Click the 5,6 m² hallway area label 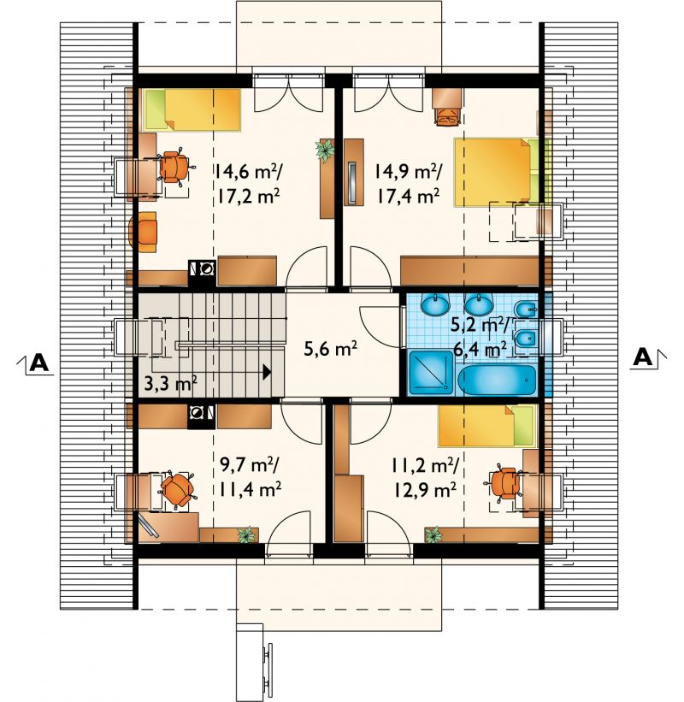click(x=330, y=349)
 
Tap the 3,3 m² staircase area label click(x=170, y=383)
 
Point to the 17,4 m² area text click(x=407, y=196)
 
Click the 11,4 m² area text click(x=250, y=489)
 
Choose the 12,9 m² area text click(x=425, y=490)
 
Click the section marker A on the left click(x=39, y=363)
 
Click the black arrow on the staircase click(x=267, y=372)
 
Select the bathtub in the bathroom click(x=497, y=380)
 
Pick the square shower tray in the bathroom click(x=432, y=373)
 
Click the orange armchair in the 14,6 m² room click(x=144, y=232)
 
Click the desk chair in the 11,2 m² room click(x=504, y=483)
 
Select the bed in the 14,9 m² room click(x=501, y=173)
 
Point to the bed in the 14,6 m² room click(x=192, y=109)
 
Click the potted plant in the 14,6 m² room click(x=325, y=150)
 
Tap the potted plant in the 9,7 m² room click(x=245, y=534)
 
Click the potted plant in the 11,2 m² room click(x=433, y=534)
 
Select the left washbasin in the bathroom click(x=435, y=304)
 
